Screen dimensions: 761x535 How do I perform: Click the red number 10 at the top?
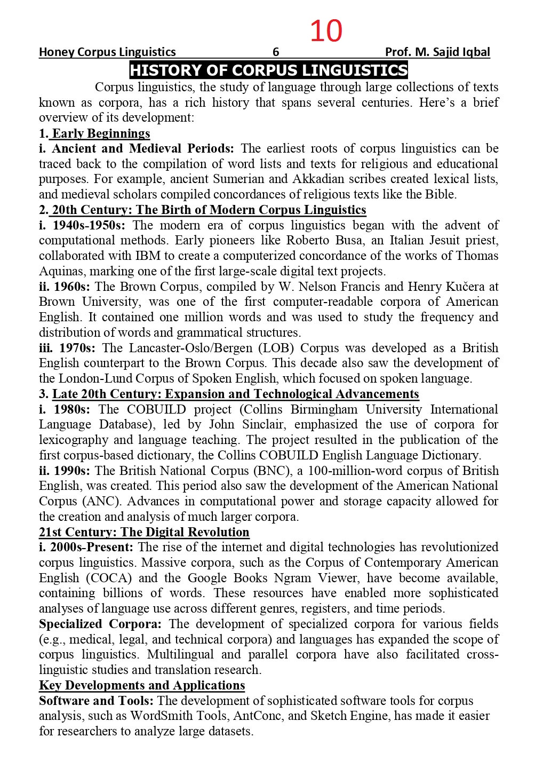pyautogui.click(x=325, y=31)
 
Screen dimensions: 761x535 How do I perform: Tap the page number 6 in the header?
pyautogui.click(x=276, y=52)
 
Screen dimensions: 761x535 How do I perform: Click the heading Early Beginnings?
pyautogui.click(x=101, y=133)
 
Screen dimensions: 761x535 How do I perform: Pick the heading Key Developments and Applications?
pyautogui.click(x=142, y=686)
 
